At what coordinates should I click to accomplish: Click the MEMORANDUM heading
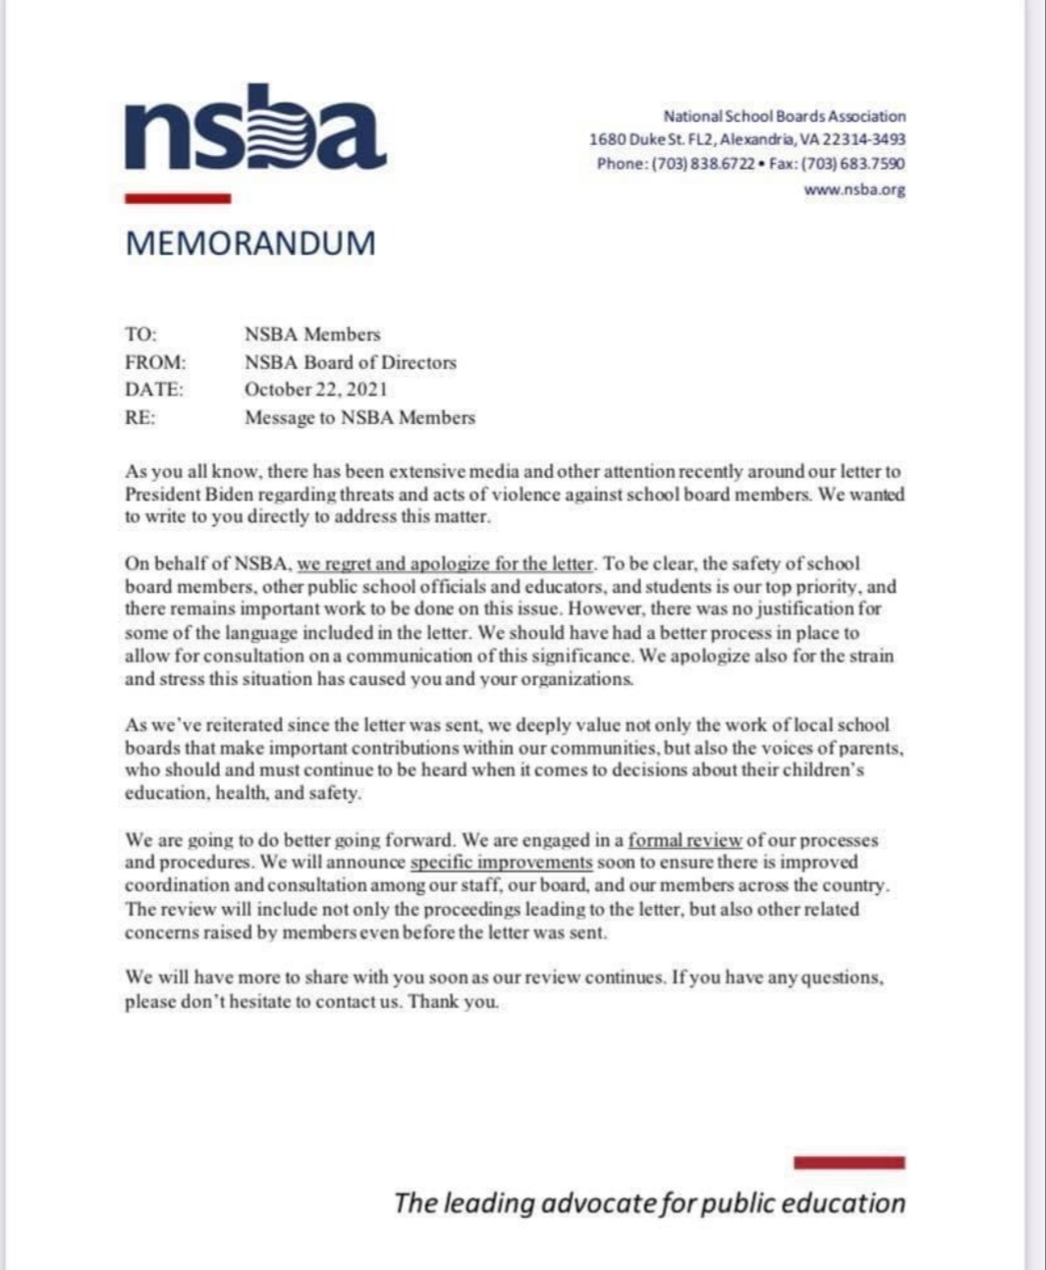click(x=250, y=243)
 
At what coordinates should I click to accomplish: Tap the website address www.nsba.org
click(x=854, y=190)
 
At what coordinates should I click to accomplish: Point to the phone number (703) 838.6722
click(x=703, y=164)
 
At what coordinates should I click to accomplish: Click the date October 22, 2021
click(x=315, y=390)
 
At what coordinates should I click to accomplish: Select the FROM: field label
click(x=154, y=362)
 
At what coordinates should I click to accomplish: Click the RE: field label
click(x=139, y=417)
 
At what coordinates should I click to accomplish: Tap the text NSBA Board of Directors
click(x=350, y=362)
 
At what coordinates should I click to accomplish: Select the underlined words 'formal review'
click(x=685, y=841)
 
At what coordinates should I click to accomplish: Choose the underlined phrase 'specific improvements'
click(x=501, y=863)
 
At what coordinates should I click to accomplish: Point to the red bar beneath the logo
click(x=178, y=198)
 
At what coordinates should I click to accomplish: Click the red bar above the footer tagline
click(x=850, y=1163)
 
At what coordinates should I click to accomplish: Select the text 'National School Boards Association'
click(x=784, y=116)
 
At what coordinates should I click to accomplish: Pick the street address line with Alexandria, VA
click(x=746, y=140)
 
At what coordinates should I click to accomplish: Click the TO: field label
click(x=140, y=335)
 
